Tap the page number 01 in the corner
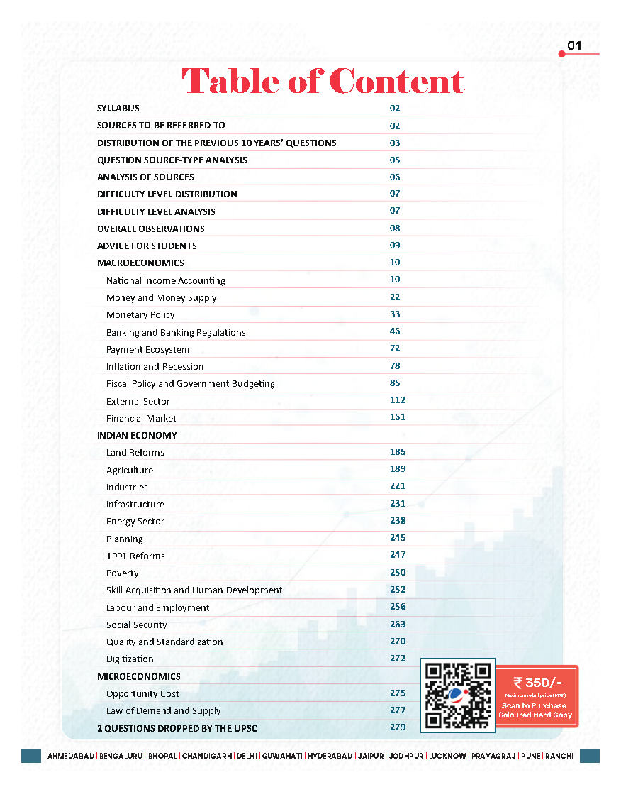pyautogui.click(x=574, y=46)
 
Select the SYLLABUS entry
pyautogui.click(x=118, y=109)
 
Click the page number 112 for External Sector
pyautogui.click(x=398, y=400)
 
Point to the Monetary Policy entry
pyautogui.click(x=140, y=314)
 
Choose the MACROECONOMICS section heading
pyautogui.click(x=140, y=263)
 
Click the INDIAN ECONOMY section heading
pyautogui.click(x=137, y=435)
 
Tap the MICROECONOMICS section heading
pyautogui.click(x=139, y=676)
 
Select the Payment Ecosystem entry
pyautogui.click(x=147, y=349)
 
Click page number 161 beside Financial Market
pyautogui.click(x=398, y=417)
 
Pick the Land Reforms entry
pyautogui.click(x=135, y=452)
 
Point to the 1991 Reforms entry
pyautogui.click(x=135, y=556)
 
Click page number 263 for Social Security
pyautogui.click(x=398, y=625)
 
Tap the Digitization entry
pyautogui.click(x=130, y=659)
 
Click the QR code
pyautogui.click(x=457, y=695)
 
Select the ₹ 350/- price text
pyautogui.click(x=538, y=683)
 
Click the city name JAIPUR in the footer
pyautogui.click(x=371, y=756)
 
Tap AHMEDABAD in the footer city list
pyautogui.click(x=71, y=756)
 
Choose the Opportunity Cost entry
pyautogui.click(x=142, y=693)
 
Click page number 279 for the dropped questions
pyautogui.click(x=398, y=727)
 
